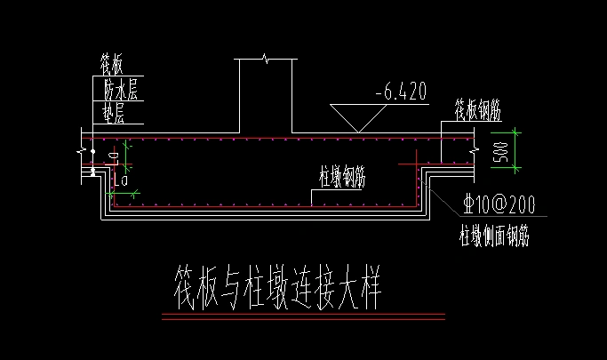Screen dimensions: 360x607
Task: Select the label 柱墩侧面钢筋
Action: pyautogui.click(x=494, y=237)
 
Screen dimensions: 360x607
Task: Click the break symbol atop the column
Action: pyautogui.click(x=264, y=59)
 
